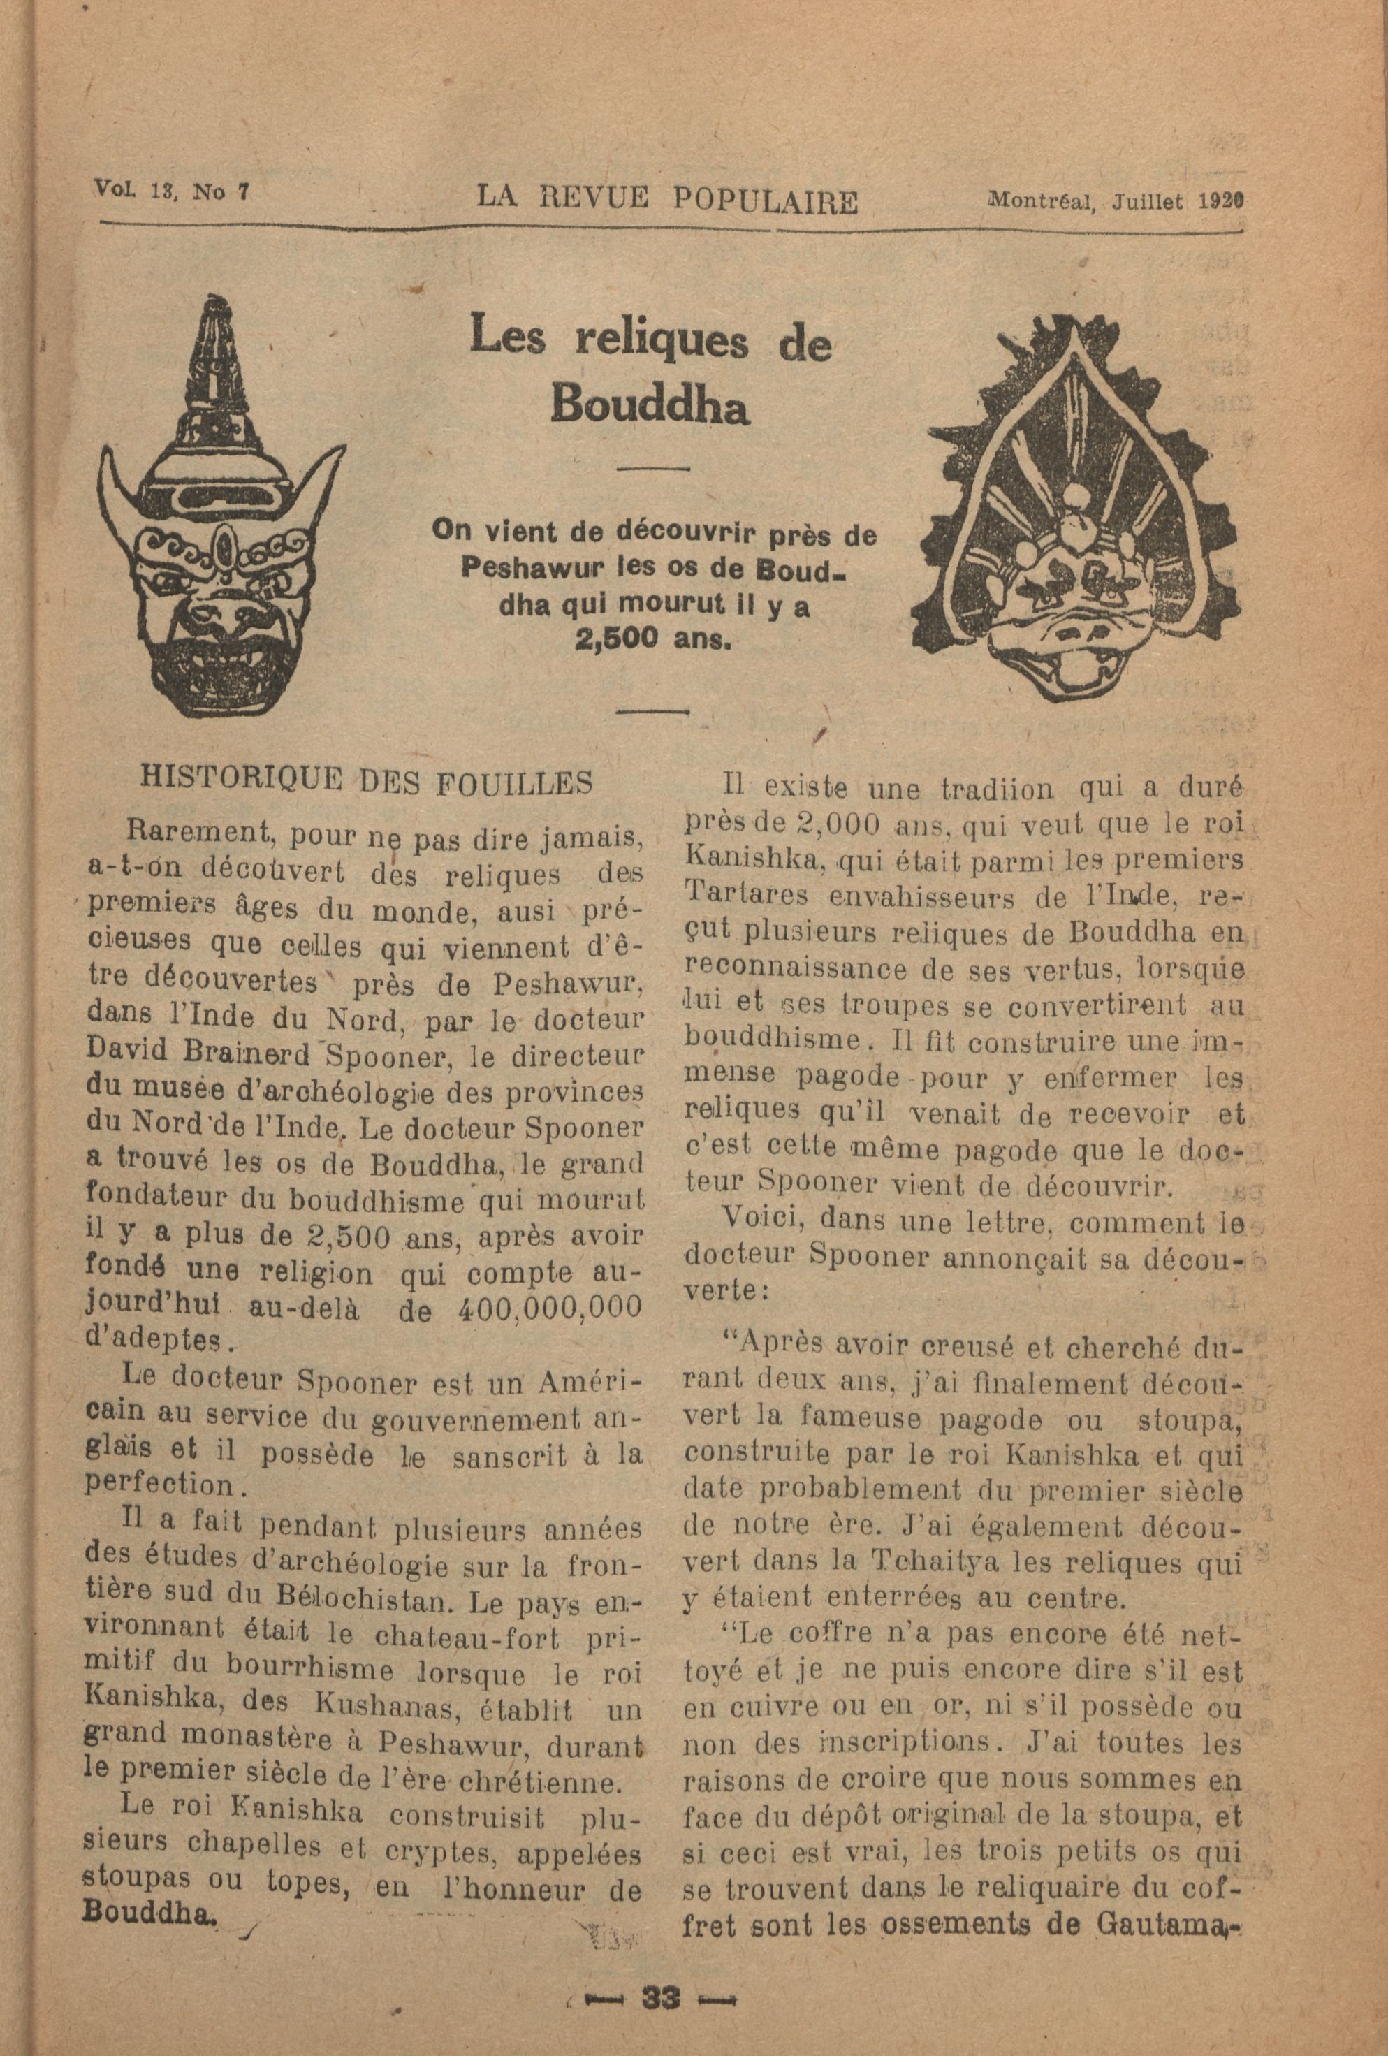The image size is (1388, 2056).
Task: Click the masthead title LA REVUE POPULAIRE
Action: coord(667,199)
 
